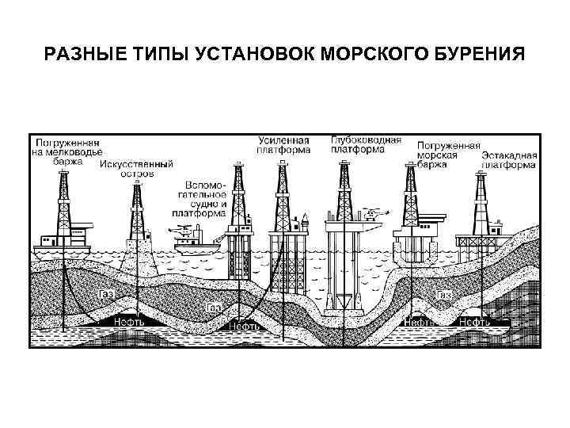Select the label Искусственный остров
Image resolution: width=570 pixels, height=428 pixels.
tap(136, 170)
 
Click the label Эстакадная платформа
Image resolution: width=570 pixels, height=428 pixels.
tap(510, 161)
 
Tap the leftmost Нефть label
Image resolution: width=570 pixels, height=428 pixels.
tap(129, 323)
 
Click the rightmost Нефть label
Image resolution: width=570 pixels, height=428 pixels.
tap(474, 323)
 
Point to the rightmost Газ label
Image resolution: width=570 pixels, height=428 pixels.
tap(444, 295)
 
